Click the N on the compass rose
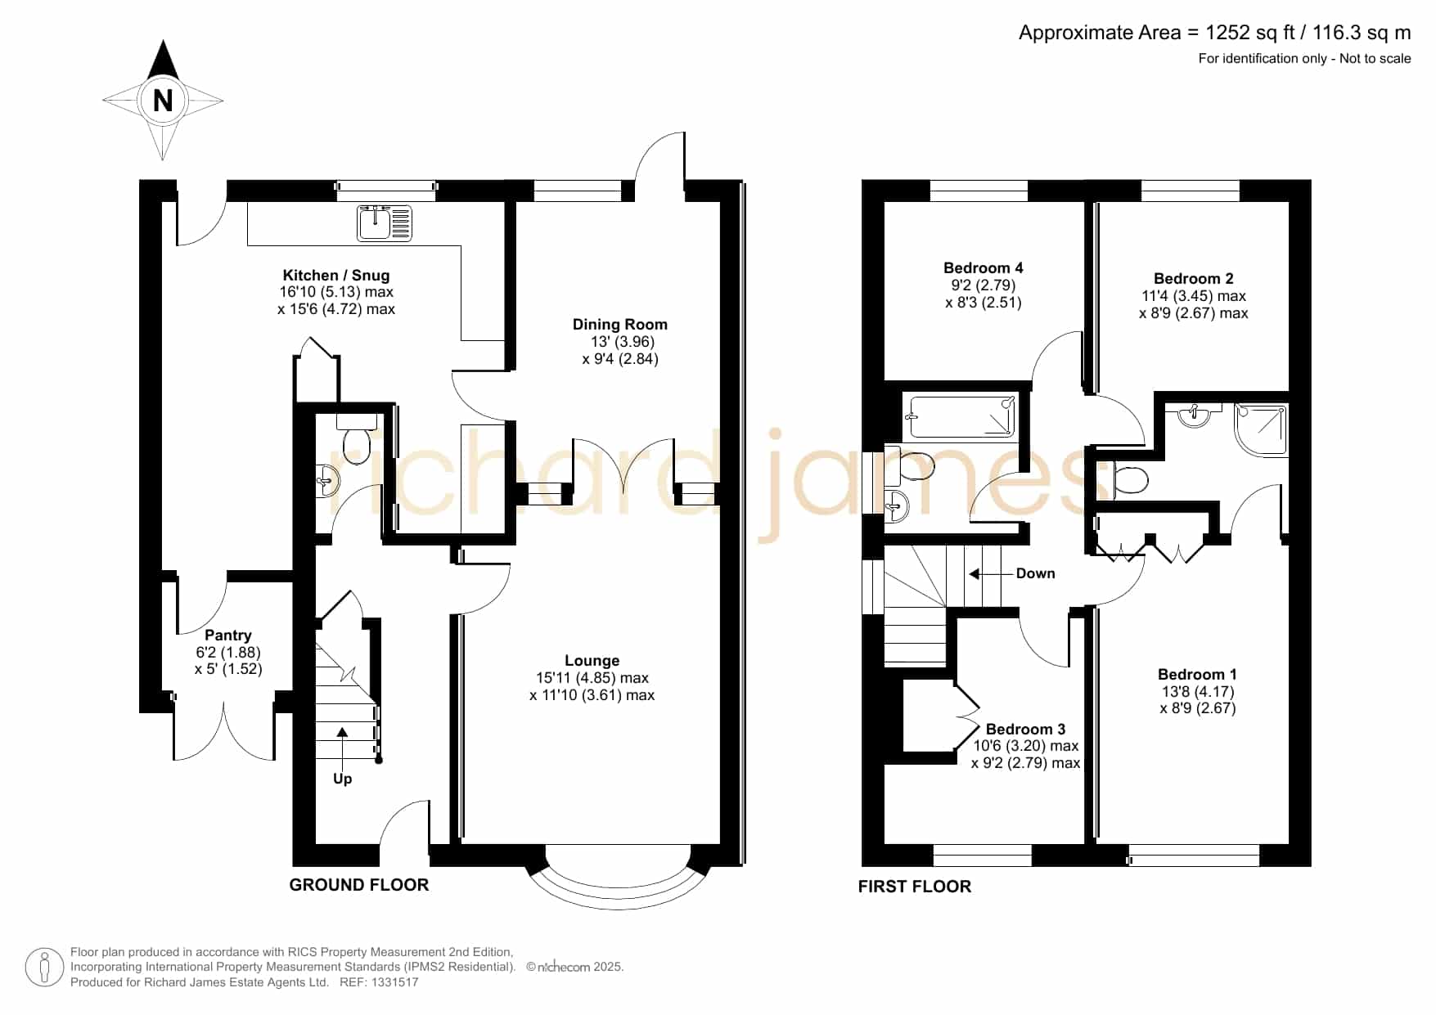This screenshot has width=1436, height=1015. tap(163, 100)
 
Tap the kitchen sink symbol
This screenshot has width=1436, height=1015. tap(385, 223)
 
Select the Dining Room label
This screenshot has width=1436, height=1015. tap(619, 325)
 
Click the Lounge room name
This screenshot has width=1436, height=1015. tap(592, 661)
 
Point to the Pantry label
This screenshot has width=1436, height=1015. tap(228, 635)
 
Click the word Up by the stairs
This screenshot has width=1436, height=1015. tap(342, 779)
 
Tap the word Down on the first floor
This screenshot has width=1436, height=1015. tap(1035, 573)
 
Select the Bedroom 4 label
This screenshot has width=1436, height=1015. tap(983, 268)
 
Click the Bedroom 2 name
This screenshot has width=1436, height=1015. tap(1193, 279)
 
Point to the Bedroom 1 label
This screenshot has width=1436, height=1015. tap(1197, 675)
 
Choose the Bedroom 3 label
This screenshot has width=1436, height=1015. tap(1025, 730)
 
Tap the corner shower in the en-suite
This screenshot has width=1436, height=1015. tap(1260, 429)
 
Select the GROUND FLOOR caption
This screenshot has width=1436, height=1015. tap(359, 885)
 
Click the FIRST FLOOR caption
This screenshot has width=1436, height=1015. tap(915, 887)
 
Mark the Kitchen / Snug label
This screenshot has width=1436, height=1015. tap(336, 276)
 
